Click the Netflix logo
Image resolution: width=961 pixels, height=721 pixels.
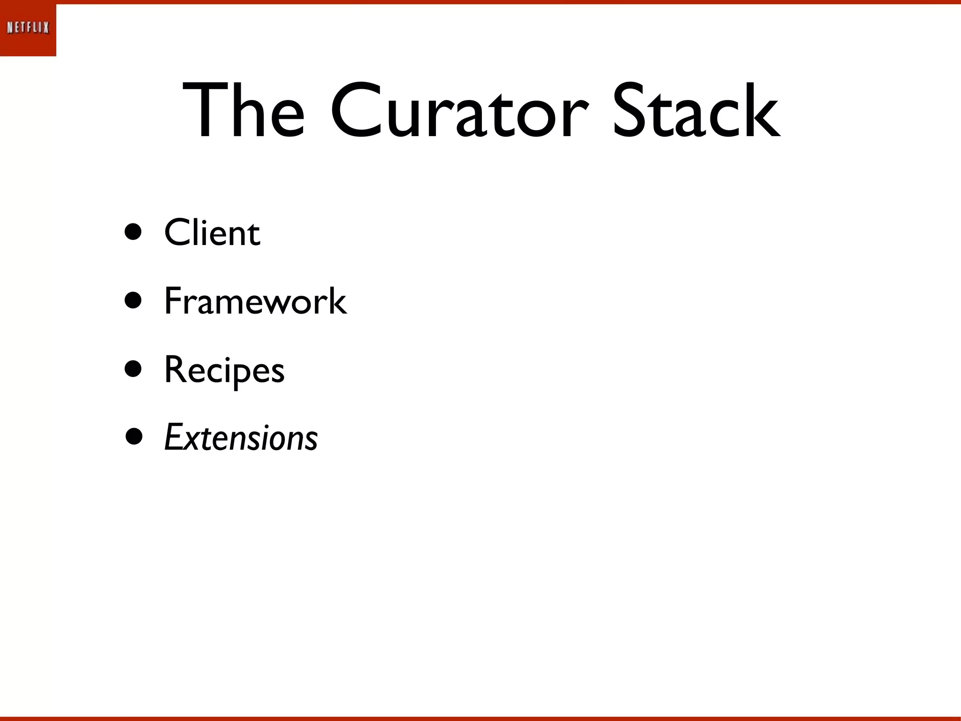[28, 28]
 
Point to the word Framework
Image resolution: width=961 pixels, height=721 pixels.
[255, 301]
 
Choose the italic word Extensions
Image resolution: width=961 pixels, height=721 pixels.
[241, 438]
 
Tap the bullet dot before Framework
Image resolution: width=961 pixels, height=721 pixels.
[133, 300]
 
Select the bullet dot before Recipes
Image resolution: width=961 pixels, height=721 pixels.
[133, 369]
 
